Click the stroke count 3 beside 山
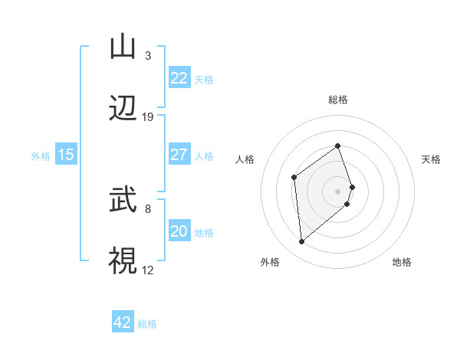pos(148,56)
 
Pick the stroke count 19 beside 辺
pos(148,117)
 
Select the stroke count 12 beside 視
pos(148,270)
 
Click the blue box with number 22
pos(179,78)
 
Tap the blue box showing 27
pos(179,155)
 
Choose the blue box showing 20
pos(179,231)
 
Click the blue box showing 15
pos(66,155)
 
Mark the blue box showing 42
pos(123,323)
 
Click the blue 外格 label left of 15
pos(41,155)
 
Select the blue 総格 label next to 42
pos(147,324)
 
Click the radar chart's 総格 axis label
pos(337,100)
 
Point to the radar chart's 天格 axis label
pos(431,159)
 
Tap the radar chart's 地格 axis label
pos(402,262)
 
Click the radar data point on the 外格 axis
pos(302,242)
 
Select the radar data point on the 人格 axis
pos(294,178)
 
